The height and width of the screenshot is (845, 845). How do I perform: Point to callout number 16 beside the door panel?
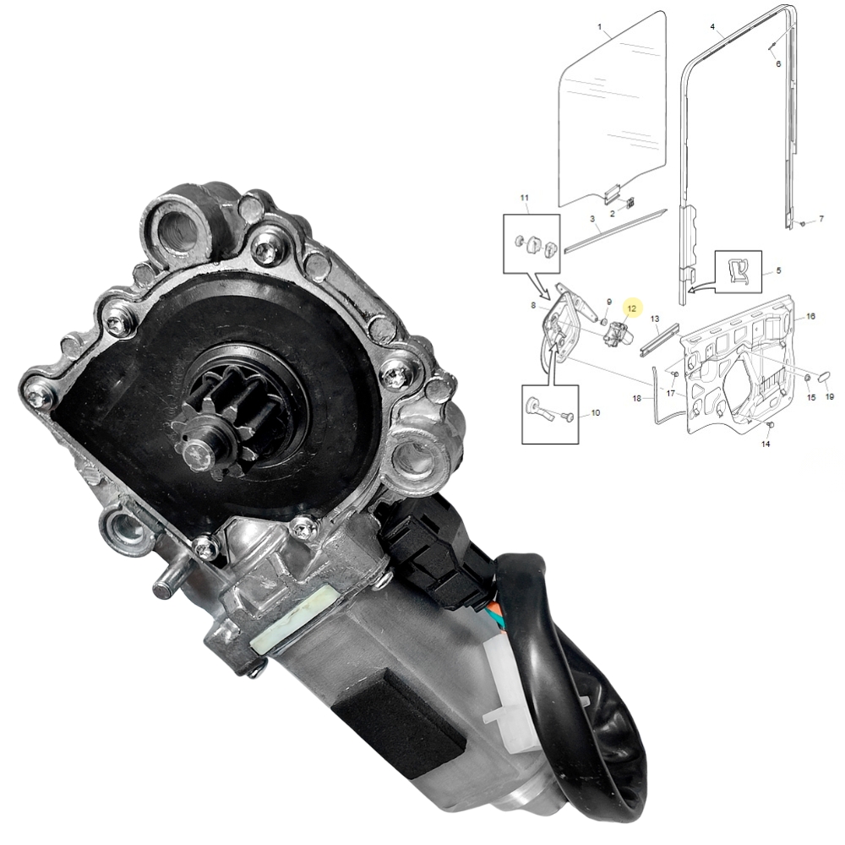(810, 316)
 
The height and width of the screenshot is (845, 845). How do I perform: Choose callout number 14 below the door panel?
(766, 443)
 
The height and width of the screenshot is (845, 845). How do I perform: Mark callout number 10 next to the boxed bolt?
(595, 413)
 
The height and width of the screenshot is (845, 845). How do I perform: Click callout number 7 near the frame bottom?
(820, 220)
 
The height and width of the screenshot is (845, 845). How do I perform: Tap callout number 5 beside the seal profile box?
(778, 271)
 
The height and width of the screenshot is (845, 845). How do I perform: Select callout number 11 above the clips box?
(525, 199)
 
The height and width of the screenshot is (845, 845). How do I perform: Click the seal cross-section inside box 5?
(738, 271)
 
